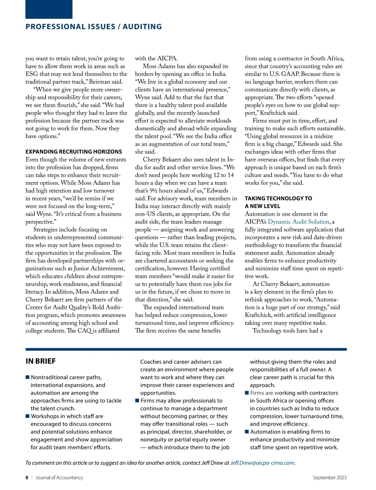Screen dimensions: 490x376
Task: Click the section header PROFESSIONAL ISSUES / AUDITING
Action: pyautogui.click(x=94, y=27)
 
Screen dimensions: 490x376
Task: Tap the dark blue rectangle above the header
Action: pyautogui.click(x=49, y=9)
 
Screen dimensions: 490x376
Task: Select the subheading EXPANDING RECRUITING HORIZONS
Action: pyautogui.click(x=74, y=152)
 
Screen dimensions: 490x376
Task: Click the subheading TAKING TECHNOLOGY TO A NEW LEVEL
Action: pyautogui.click(x=278, y=202)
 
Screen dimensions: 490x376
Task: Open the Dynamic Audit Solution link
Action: pyautogui.click(x=299, y=222)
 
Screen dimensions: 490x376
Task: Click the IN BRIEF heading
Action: pyautogui.click(x=40, y=361)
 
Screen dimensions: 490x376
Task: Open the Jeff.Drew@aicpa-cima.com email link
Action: pyautogui.click(x=262, y=463)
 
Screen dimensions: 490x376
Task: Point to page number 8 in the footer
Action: pyautogui.click(x=27, y=477)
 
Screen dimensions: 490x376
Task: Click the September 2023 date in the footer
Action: pyautogui.click(x=330, y=477)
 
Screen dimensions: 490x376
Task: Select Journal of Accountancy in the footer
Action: pyautogui.click(x=59, y=477)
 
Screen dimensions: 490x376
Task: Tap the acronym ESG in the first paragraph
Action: pyautogui.click(x=32, y=74)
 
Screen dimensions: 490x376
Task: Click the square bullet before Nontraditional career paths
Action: pyautogui.click(x=28, y=377)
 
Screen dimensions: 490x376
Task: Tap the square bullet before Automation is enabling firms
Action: pyautogui.click(x=247, y=432)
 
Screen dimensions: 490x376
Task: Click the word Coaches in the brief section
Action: pyautogui.click(x=151, y=362)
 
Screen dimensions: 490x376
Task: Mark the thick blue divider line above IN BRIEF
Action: pyautogui.click(x=186, y=349)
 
